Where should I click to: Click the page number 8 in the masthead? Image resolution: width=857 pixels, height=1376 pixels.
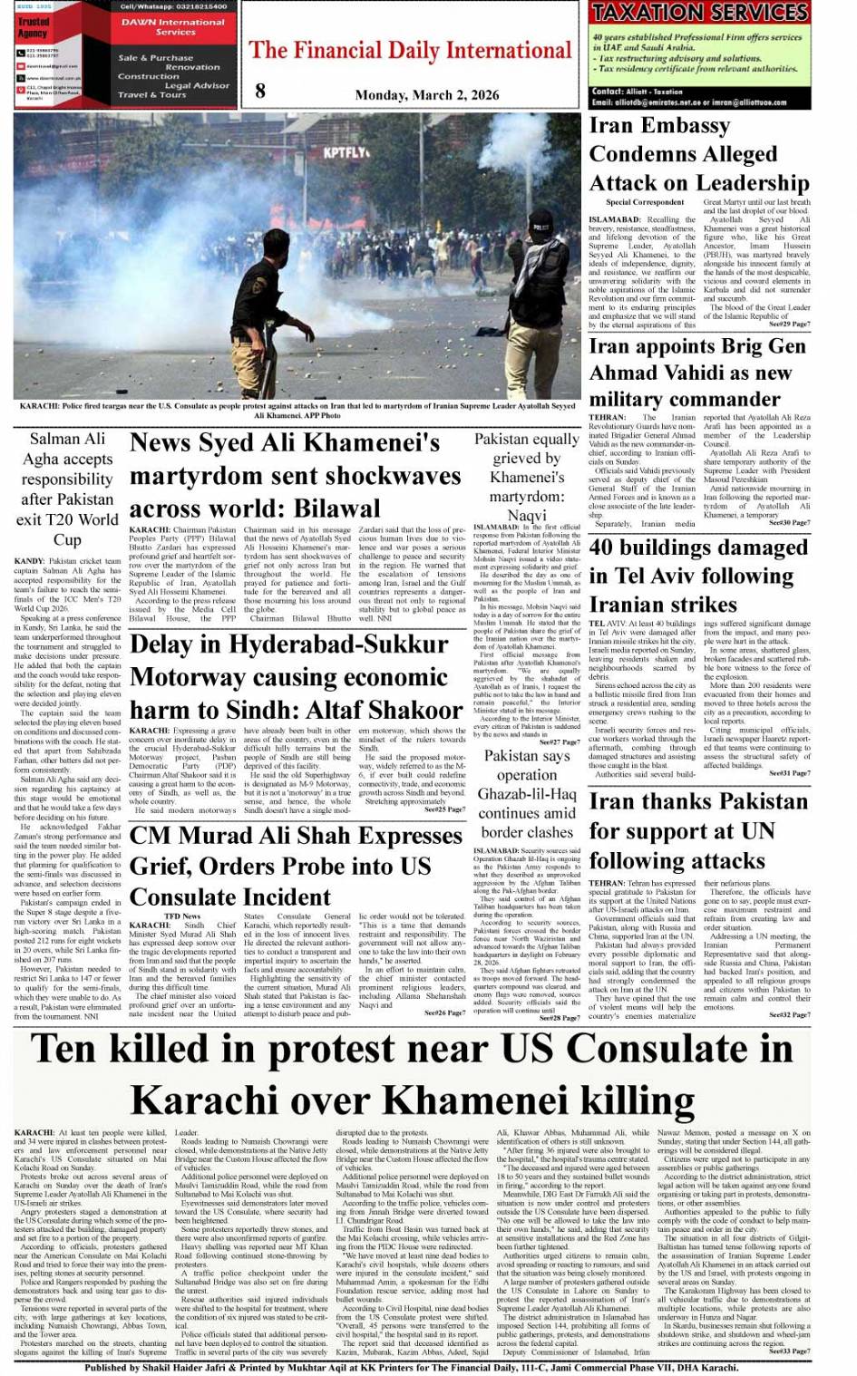point(261,90)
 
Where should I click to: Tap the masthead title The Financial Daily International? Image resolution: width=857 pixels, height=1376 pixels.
point(411,50)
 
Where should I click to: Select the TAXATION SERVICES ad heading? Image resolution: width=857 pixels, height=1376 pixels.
point(699,13)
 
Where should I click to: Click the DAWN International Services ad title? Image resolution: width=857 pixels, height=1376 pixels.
point(175,26)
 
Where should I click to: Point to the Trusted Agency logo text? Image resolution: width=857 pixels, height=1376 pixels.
point(34,27)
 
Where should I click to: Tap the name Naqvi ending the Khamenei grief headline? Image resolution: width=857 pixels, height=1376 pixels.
point(527,515)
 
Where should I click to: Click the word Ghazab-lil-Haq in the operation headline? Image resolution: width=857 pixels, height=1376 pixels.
point(527,794)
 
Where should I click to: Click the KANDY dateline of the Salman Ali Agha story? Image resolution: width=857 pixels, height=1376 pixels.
point(29,561)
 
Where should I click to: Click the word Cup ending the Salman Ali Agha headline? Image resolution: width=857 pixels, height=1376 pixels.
point(67,539)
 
